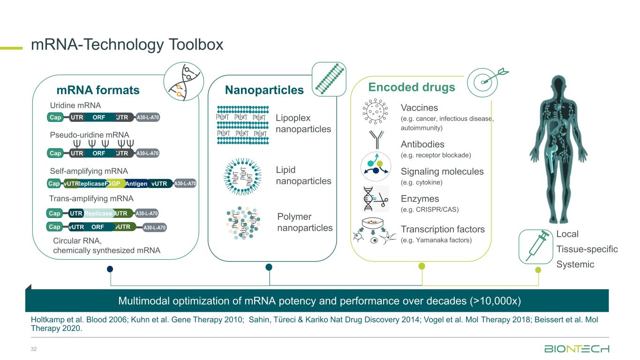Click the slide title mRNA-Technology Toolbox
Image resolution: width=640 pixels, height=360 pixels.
[x=127, y=45]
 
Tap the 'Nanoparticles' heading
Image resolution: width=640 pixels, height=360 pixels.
[x=264, y=90]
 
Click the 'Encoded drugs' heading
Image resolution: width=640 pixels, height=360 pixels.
[x=411, y=87]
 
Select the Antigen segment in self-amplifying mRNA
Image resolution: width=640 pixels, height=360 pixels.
[x=136, y=184]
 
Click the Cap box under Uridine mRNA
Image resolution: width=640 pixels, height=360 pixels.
[x=56, y=117]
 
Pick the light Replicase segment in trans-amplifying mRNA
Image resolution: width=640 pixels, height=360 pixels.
[x=98, y=214]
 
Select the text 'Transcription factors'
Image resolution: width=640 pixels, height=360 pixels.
[x=443, y=229]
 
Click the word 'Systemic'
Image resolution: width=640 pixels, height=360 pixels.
[x=575, y=264]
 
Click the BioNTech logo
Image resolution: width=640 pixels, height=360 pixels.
[x=576, y=349]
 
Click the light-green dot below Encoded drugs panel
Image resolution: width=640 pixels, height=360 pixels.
[x=422, y=266]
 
